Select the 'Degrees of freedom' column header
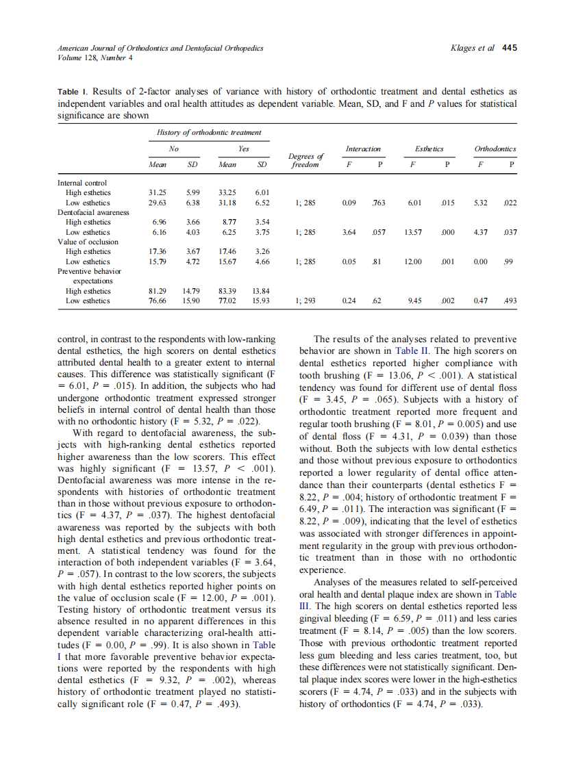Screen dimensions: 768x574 pyautogui.click(x=307, y=162)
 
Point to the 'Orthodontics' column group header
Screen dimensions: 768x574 pyautogui.click(x=495, y=149)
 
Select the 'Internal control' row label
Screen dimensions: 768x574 pyautogui.click(x=82, y=183)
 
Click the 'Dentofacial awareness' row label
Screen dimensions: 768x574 pyautogui.click(x=93, y=212)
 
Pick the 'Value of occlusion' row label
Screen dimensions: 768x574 pyautogui.click(x=88, y=242)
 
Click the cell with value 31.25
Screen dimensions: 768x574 pyautogui.click(x=158, y=193)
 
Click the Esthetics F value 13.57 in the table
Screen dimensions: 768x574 pyautogui.click(x=414, y=232)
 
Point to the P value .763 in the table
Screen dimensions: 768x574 pyautogui.click(x=378, y=203)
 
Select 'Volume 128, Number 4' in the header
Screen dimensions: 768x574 pyautogui.click(x=95, y=57)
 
